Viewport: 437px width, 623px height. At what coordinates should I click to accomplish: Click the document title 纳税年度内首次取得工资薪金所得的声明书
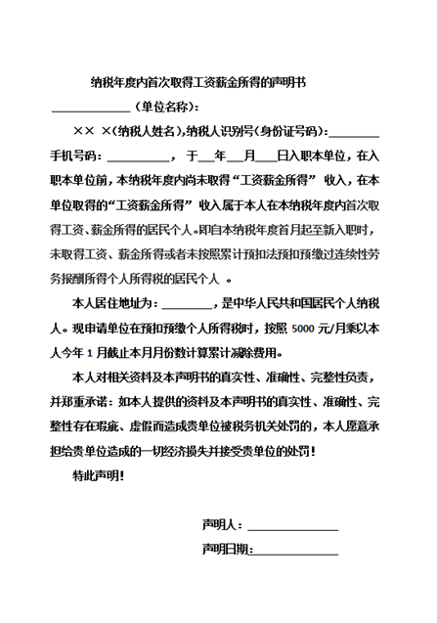point(197,84)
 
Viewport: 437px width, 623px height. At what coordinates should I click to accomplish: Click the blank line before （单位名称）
point(90,109)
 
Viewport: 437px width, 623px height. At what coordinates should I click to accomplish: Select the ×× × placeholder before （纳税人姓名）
point(90,131)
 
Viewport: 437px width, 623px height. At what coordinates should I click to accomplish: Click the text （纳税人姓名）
point(144,131)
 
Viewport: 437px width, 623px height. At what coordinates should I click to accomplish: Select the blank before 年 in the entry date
point(205,157)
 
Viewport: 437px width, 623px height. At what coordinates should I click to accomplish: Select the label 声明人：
point(223,525)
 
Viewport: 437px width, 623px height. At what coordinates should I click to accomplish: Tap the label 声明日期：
point(228,550)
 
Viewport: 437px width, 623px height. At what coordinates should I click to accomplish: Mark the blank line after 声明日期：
point(296,553)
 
